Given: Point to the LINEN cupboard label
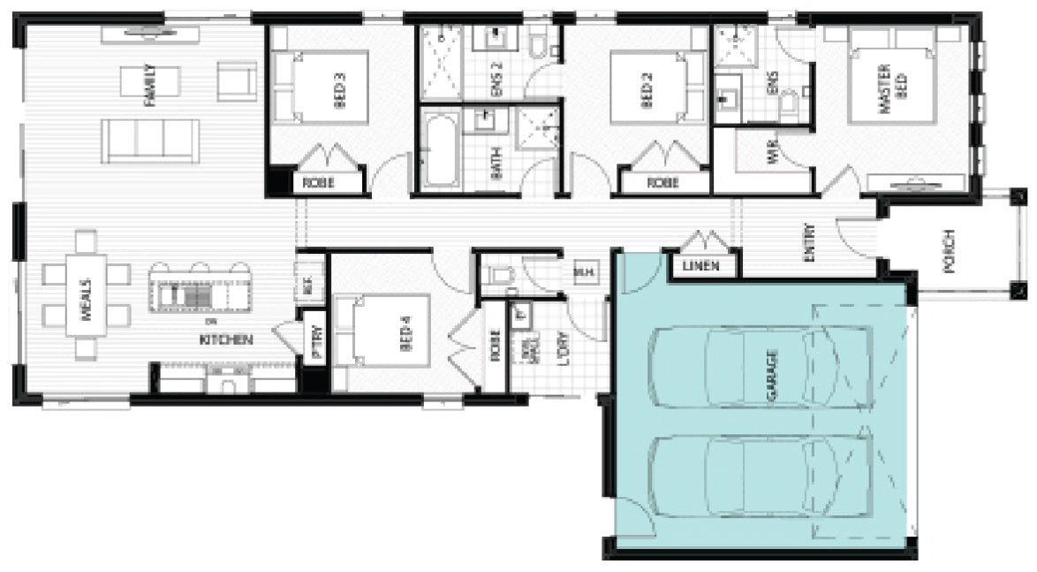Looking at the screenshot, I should click(x=700, y=266).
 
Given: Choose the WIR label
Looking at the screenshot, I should click(x=771, y=156).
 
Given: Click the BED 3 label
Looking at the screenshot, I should click(x=340, y=89).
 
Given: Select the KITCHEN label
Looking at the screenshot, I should click(x=227, y=339).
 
